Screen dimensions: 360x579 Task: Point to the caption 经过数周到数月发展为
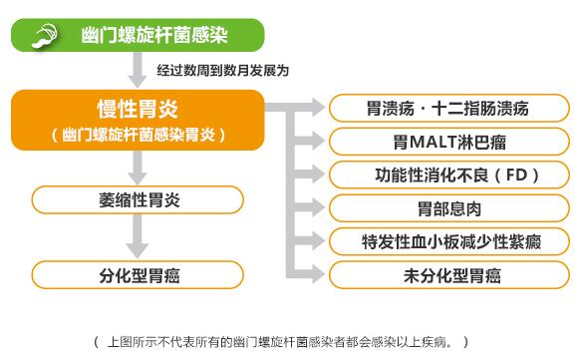(x=222, y=71)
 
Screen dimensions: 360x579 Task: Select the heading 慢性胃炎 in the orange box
(x=139, y=108)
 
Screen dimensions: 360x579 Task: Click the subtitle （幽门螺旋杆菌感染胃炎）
(x=139, y=133)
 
